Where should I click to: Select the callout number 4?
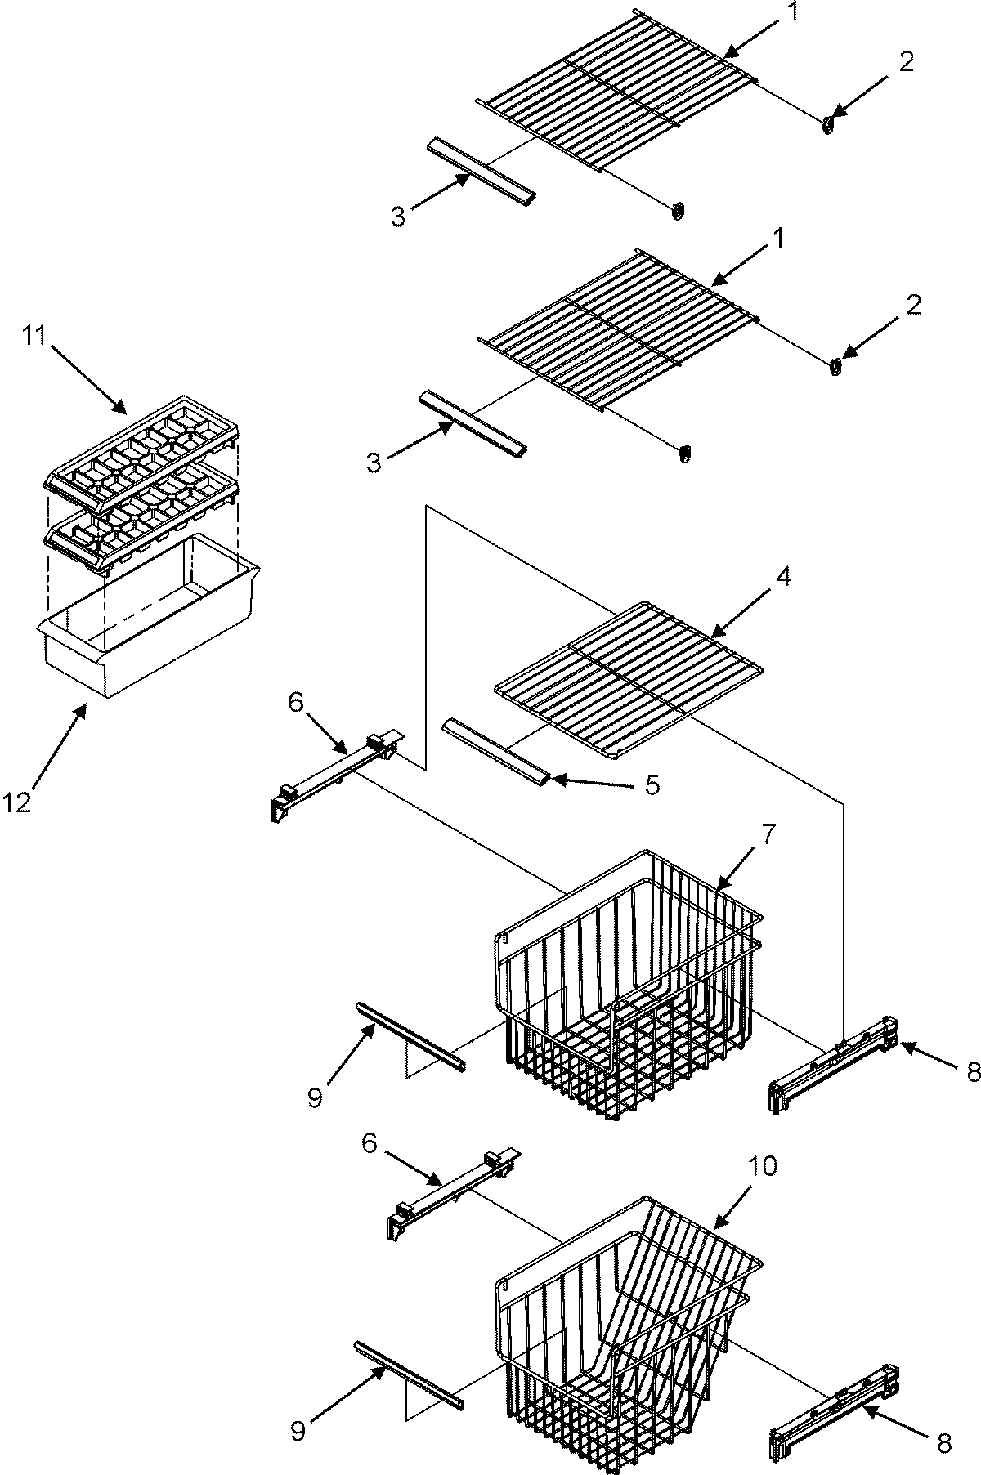[x=782, y=577]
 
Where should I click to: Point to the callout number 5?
[x=652, y=784]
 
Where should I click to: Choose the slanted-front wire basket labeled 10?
[x=629, y=1316]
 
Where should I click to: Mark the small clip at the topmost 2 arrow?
[x=828, y=125]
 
